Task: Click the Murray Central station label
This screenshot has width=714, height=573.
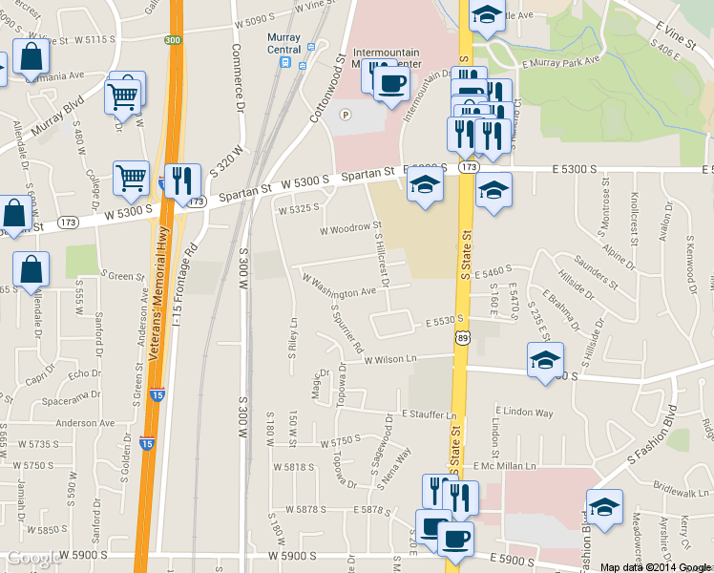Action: (x=283, y=43)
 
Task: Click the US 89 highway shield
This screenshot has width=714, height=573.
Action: (x=463, y=337)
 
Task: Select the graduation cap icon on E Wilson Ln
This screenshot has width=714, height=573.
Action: (x=545, y=360)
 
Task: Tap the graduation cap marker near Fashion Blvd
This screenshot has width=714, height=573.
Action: (x=603, y=507)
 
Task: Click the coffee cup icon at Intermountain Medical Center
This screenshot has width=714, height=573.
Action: (x=389, y=83)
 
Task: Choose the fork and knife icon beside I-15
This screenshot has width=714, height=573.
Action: (x=181, y=180)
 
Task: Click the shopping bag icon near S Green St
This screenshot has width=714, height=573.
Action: (x=31, y=271)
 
